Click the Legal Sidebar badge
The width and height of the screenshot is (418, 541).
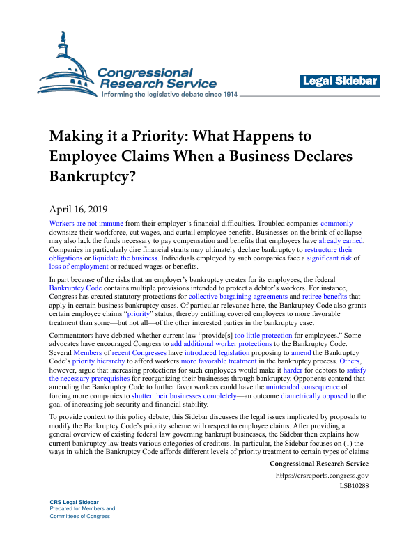click(339, 81)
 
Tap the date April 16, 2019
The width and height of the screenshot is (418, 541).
click(79, 207)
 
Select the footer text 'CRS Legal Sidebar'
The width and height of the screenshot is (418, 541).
click(75, 502)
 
